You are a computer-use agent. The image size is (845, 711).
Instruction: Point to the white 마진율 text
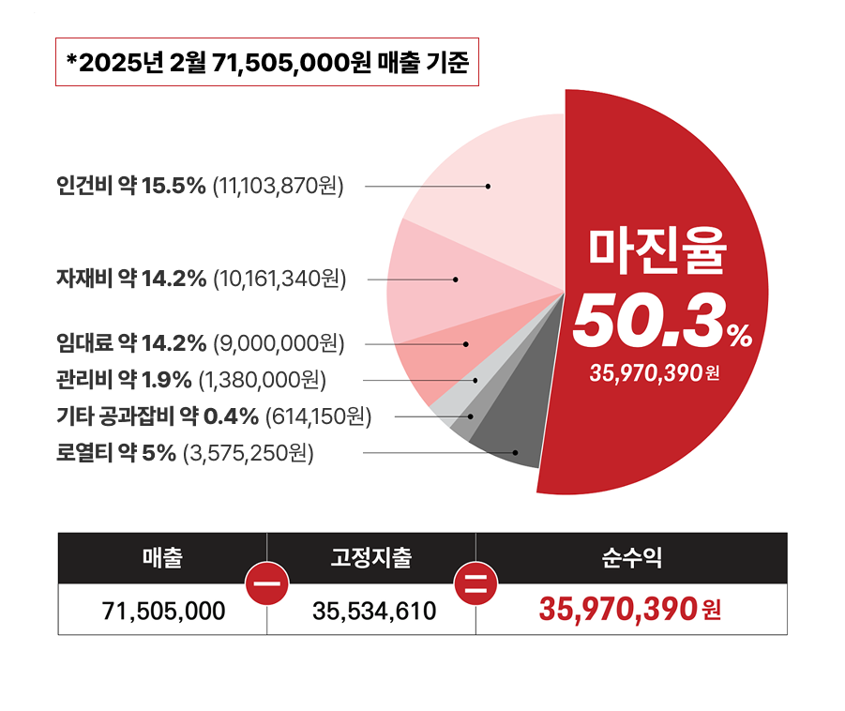[x=657, y=249]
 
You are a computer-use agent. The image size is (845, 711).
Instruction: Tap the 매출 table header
[x=162, y=559]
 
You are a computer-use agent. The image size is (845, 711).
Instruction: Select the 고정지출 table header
[x=371, y=559]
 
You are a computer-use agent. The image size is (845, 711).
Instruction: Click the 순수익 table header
[x=631, y=559]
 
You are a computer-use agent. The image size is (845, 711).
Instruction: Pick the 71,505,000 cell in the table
[x=163, y=612]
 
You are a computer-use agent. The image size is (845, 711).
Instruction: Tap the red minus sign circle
[x=267, y=583]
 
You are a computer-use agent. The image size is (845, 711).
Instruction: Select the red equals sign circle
[x=475, y=583]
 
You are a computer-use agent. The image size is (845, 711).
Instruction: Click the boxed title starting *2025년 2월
[x=267, y=62]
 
